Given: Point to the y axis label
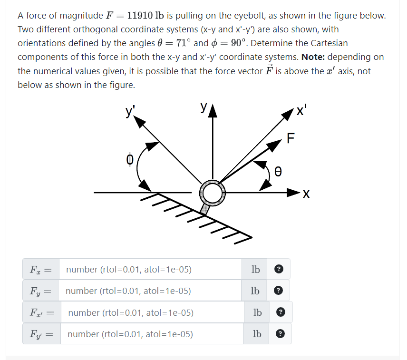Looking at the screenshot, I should (x=204, y=108).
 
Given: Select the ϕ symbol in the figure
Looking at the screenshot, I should (x=129, y=159).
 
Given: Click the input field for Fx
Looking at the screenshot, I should (x=149, y=270).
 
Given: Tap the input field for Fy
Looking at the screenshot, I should (x=149, y=291).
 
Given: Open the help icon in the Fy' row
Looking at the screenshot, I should (x=281, y=334).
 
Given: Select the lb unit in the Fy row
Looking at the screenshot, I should (x=255, y=291).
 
